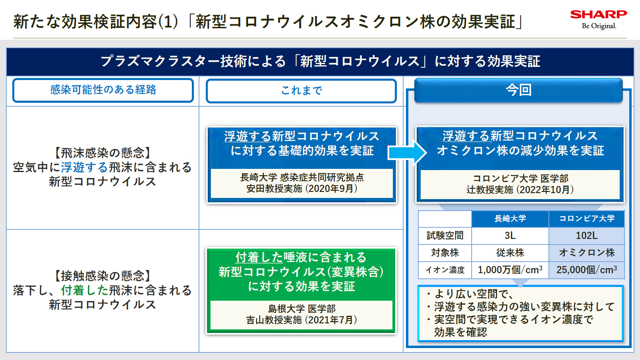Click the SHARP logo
click(598, 15)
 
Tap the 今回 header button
click(518, 90)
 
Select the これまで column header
click(301, 91)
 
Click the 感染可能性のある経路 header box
click(103, 90)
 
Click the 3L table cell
click(510, 235)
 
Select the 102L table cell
click(587, 235)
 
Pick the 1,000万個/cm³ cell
click(510, 270)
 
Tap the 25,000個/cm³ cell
click(587, 270)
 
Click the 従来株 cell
click(510, 252)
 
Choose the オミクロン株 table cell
click(587, 252)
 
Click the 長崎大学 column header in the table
click(510, 219)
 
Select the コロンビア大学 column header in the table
click(587, 219)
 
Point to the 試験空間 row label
click(445, 235)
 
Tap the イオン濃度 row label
click(445, 270)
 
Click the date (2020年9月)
click(331, 188)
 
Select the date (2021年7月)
click(331, 320)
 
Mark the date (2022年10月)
click(545, 190)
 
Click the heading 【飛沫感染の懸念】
click(103, 153)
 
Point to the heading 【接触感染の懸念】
click(103, 276)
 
